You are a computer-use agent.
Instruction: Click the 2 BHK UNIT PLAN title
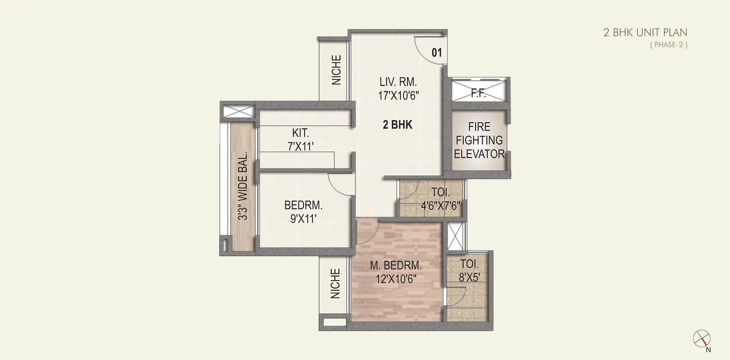645,32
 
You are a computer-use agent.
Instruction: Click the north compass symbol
702,339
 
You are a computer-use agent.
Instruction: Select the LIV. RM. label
398,81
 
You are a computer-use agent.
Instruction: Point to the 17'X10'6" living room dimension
398,96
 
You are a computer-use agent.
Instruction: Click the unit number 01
437,53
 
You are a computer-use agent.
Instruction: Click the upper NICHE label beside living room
336,70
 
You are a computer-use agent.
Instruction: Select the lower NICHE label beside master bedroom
335,283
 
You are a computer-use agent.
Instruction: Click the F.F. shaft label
478,93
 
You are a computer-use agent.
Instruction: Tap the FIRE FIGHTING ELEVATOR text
479,140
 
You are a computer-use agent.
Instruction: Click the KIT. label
300,133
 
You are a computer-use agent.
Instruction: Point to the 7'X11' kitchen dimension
300,146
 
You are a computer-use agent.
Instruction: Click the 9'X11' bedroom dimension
303,219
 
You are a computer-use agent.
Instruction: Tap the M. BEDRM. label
396,265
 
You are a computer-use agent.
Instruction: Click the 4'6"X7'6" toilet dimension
440,206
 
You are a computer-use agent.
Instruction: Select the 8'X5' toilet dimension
469,277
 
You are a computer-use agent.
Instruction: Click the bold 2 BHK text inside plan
397,125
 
